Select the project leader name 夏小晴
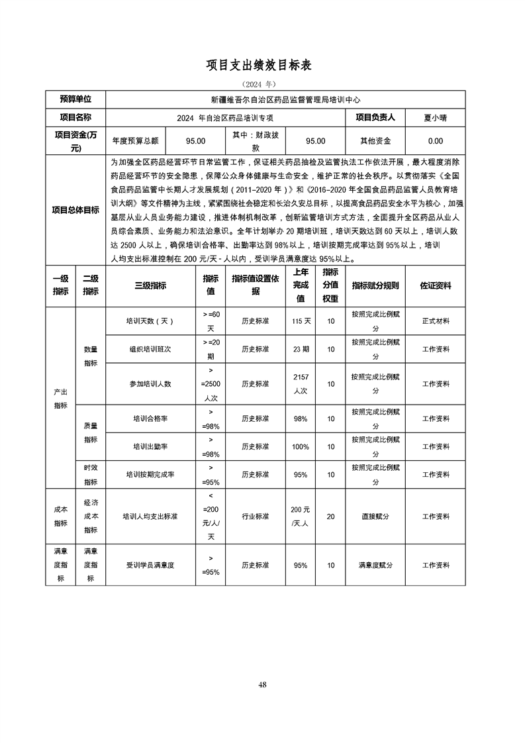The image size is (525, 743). click(x=435, y=118)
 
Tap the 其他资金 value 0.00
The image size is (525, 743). click(x=435, y=141)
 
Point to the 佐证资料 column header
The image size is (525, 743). click(x=435, y=285)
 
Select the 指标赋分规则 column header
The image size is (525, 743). click(x=375, y=285)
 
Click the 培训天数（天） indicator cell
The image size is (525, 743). click(x=150, y=321)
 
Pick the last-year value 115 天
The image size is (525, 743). click(x=301, y=321)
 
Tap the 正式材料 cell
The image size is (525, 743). click(x=435, y=321)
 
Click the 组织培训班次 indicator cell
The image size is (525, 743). click(x=150, y=349)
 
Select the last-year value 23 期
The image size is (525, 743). click(x=301, y=349)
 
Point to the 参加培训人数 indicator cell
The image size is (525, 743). click(x=150, y=383)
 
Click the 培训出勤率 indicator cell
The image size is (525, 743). click(x=150, y=446)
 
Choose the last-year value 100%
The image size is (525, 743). click(x=301, y=446)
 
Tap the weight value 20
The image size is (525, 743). click(x=330, y=517)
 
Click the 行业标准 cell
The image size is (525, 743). click(x=255, y=517)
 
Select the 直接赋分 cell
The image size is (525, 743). click(x=375, y=517)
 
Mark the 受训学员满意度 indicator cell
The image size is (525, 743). click(x=150, y=566)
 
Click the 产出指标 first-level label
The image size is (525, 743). click(x=60, y=398)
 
